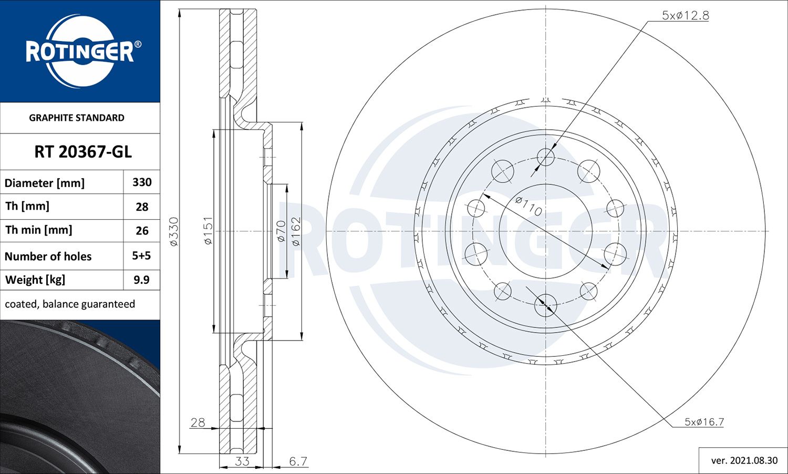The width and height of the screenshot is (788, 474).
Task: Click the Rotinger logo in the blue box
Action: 80,51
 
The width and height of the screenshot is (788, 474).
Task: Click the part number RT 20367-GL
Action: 83,152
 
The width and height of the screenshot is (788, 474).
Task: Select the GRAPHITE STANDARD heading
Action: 77,118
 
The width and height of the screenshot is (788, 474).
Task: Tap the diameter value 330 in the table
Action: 142,182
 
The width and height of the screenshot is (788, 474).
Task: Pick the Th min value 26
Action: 142,231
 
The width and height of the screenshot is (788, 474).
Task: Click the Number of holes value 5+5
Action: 141,256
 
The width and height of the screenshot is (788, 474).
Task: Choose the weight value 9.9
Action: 141,280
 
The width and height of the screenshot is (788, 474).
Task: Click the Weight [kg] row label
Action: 35,280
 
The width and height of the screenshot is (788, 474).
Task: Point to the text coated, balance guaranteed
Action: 70,304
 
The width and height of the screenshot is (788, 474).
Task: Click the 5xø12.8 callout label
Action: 685,16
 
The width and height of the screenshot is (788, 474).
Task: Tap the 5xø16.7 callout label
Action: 704,422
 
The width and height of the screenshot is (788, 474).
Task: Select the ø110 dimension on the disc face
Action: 528,206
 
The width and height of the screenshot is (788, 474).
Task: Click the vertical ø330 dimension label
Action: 174,232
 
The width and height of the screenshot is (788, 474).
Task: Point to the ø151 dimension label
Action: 208,231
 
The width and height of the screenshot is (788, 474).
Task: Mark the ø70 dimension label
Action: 281,231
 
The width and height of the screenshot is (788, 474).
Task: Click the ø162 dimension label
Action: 296,231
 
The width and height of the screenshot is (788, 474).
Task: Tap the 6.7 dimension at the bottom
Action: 298,461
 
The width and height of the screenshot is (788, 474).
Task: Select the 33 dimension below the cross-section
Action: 242,461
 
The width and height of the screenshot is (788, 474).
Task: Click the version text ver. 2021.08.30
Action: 744,460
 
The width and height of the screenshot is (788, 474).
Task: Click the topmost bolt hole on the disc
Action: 546,157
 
